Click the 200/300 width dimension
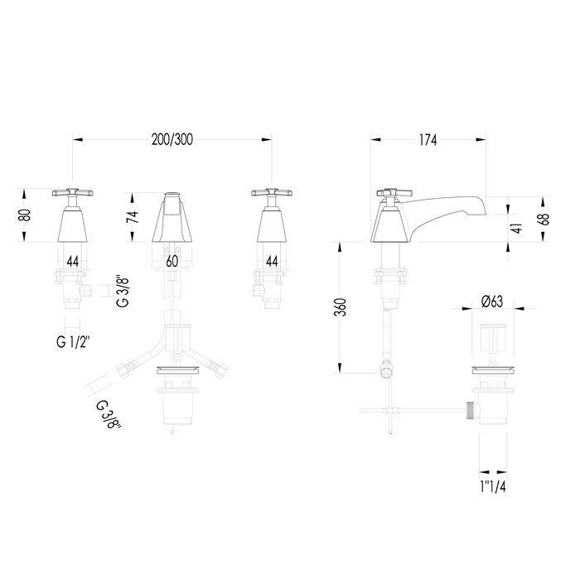(x=172, y=140)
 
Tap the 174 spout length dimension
(x=428, y=140)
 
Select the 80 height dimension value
(x=25, y=215)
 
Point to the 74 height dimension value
(x=133, y=216)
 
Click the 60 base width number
(x=172, y=262)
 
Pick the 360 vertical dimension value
(x=341, y=307)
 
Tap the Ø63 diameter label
(x=492, y=302)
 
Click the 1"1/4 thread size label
(x=493, y=487)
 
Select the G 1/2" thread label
(x=73, y=342)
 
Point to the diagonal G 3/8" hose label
(x=109, y=414)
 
